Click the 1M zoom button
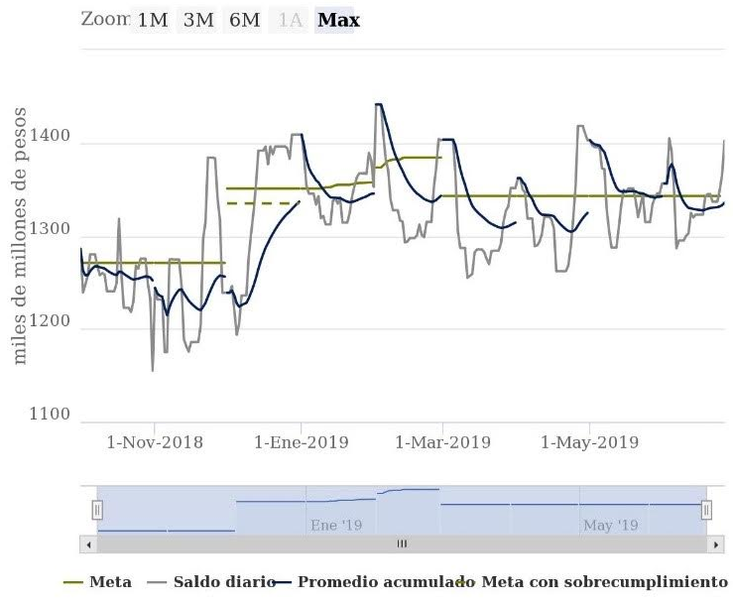[x=152, y=20]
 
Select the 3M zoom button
[x=198, y=20]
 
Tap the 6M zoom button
[x=244, y=20]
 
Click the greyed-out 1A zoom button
[x=290, y=20]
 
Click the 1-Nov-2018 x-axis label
[x=154, y=442]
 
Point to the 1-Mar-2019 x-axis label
[x=443, y=442]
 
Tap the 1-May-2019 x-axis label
[x=588, y=442]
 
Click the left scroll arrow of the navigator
[x=89, y=544]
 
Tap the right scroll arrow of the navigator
[x=718, y=544]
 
